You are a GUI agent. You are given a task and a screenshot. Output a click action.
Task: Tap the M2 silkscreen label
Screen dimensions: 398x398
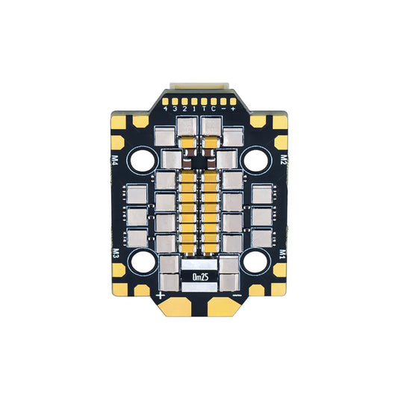tap(284, 159)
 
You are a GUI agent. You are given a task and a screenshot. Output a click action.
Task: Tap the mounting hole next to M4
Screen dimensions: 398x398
tap(141, 159)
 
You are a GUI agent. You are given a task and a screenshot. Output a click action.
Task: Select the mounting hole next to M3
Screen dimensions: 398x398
tap(141, 259)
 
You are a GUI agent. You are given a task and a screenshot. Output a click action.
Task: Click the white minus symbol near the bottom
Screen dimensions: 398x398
tap(237, 296)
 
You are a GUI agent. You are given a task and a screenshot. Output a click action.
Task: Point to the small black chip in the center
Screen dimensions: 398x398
tap(199, 158)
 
